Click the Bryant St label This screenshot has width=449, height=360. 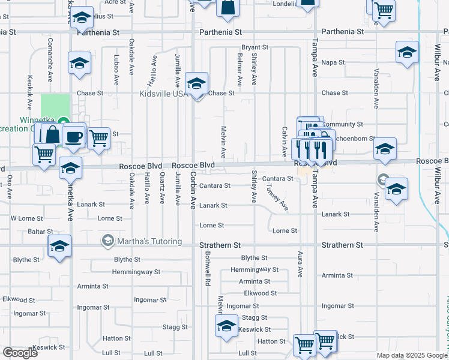coord(254,47)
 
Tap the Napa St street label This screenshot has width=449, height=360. coord(333,62)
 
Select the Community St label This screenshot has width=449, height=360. coord(343,124)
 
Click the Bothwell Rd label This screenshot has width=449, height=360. coord(208,268)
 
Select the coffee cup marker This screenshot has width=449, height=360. coord(74,137)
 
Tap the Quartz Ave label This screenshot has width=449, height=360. coord(163,190)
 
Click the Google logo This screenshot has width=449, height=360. coord(20,353)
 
